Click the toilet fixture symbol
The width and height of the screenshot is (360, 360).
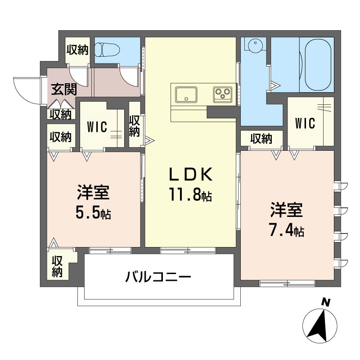pyautogui.click(x=108, y=50)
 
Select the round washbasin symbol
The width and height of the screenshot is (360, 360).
pyautogui.click(x=255, y=45)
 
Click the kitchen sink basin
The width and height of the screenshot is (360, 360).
pyautogui.click(x=186, y=94)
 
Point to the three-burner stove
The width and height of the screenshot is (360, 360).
pyautogui.click(x=223, y=94)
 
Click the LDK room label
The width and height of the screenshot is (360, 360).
pyautogui.click(x=190, y=175)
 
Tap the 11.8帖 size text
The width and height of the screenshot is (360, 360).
pyautogui.click(x=190, y=194)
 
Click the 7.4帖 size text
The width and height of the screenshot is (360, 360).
pyautogui.click(x=287, y=229)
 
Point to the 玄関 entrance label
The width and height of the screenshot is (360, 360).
pyautogui.click(x=64, y=89)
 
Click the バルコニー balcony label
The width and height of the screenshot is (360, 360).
pyautogui.click(x=158, y=276)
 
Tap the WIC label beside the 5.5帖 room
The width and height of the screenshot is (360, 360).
pyautogui.click(x=97, y=127)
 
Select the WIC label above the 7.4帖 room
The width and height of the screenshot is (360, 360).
pyautogui.click(x=305, y=123)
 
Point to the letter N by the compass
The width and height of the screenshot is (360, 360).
pyautogui.click(x=325, y=302)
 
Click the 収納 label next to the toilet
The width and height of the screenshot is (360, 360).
pyautogui.click(x=77, y=50)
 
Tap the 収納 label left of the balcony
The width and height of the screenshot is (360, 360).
pyautogui.click(x=57, y=267)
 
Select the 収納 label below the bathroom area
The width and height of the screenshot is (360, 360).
pyautogui.click(x=261, y=139)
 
